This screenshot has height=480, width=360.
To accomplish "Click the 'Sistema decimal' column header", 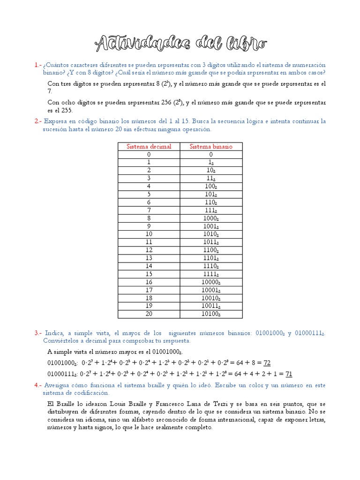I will click(x=149, y=146).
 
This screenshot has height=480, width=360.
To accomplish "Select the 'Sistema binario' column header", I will click(x=211, y=146).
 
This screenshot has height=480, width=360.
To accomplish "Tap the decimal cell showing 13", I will click(x=149, y=258).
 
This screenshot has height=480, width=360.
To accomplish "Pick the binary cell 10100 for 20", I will click(x=211, y=314).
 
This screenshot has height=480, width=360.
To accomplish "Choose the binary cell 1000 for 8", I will click(x=211, y=218).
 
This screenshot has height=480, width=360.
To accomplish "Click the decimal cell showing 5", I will click(x=149, y=194).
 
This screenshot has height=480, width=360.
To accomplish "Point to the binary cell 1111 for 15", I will click(x=211, y=274).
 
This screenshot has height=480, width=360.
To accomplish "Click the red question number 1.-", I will click(x=38, y=65).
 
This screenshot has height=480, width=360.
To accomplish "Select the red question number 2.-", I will click(x=38, y=121).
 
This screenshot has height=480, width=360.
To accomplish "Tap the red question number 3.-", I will click(x=38, y=333).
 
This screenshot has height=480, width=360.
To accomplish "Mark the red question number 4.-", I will click(x=38, y=385).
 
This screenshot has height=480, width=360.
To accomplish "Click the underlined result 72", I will click(x=267, y=363).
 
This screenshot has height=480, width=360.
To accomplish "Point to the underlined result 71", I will click(x=289, y=374).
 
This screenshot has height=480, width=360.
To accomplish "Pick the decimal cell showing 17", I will click(x=149, y=290).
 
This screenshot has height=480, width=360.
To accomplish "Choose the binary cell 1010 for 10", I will click(x=211, y=234).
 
